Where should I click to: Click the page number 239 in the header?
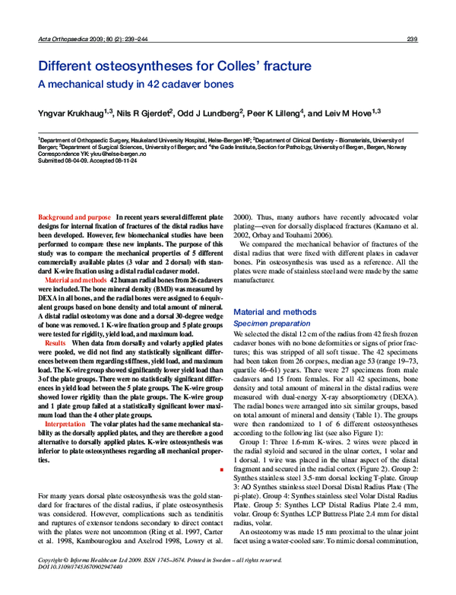coord(413,40)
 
